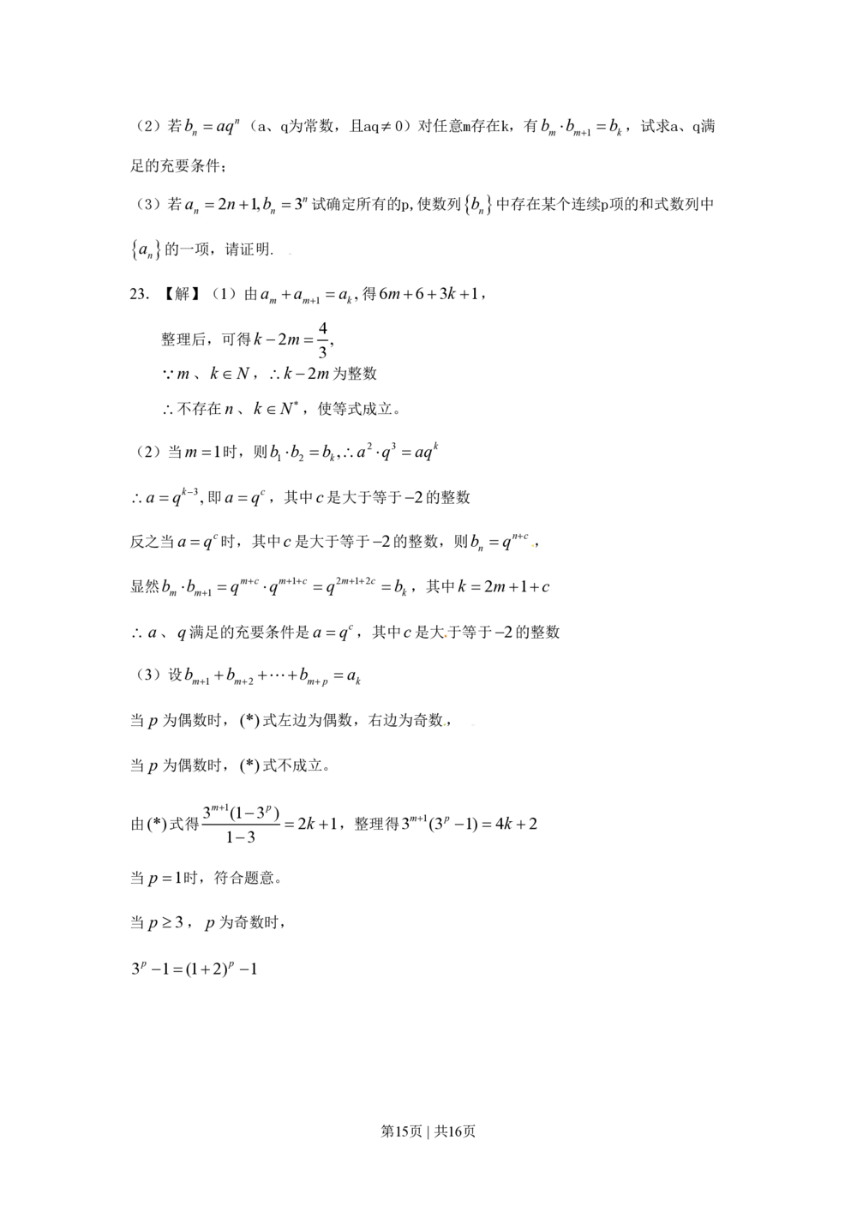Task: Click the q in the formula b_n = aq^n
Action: point(229,128)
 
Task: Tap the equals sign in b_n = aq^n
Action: point(207,128)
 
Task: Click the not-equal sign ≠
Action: point(386,127)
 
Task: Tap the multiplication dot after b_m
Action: point(560,127)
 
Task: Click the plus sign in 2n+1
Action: point(243,205)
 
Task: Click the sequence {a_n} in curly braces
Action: point(144,249)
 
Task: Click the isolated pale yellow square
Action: point(531,545)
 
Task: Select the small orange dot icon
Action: point(446,635)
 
